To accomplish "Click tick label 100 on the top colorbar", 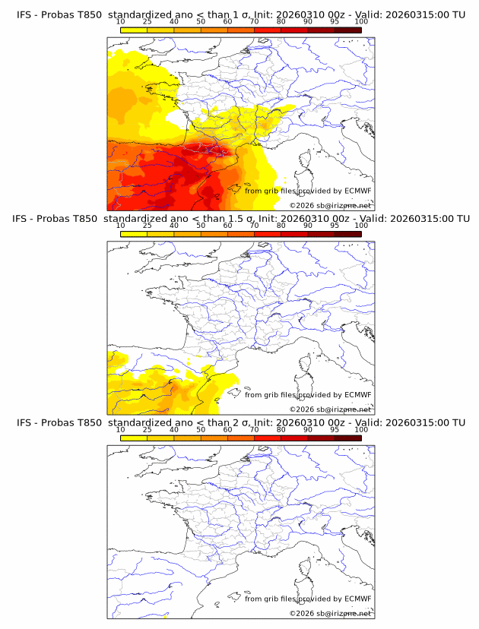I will pos(360,21).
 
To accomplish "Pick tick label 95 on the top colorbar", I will pos(335,21).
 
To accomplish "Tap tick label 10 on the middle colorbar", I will pos(120,226).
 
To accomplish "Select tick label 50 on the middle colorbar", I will pos(201,226).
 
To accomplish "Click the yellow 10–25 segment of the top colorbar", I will pos(134,30).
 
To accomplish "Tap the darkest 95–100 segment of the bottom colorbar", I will pos(348,438).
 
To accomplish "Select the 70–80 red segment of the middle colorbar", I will pos(268,234).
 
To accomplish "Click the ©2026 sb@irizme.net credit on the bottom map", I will pos(330,613).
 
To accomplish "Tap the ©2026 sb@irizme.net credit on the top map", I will pos(330,205).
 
